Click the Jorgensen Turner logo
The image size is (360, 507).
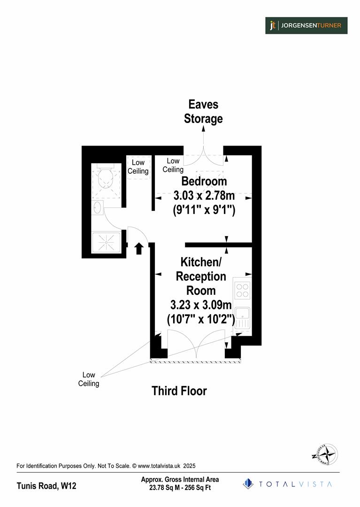pyautogui.click(x=306, y=25)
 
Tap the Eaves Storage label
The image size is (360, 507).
pyautogui.click(x=203, y=111)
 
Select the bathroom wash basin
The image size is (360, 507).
pyautogui.click(x=98, y=207)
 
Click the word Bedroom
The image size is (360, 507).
pyautogui.click(x=204, y=181)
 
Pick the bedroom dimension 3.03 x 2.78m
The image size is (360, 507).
pyautogui.click(x=204, y=196)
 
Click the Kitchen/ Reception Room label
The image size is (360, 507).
pyautogui.click(x=201, y=276)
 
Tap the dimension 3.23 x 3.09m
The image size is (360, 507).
pyautogui.click(x=201, y=305)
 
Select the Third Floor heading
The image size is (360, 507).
pyautogui.click(x=179, y=391)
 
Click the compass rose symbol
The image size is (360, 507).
pyautogui.click(x=325, y=454)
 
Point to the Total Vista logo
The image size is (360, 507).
pyautogui.click(x=287, y=484)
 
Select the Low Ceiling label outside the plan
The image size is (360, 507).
pyautogui.click(x=89, y=379)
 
